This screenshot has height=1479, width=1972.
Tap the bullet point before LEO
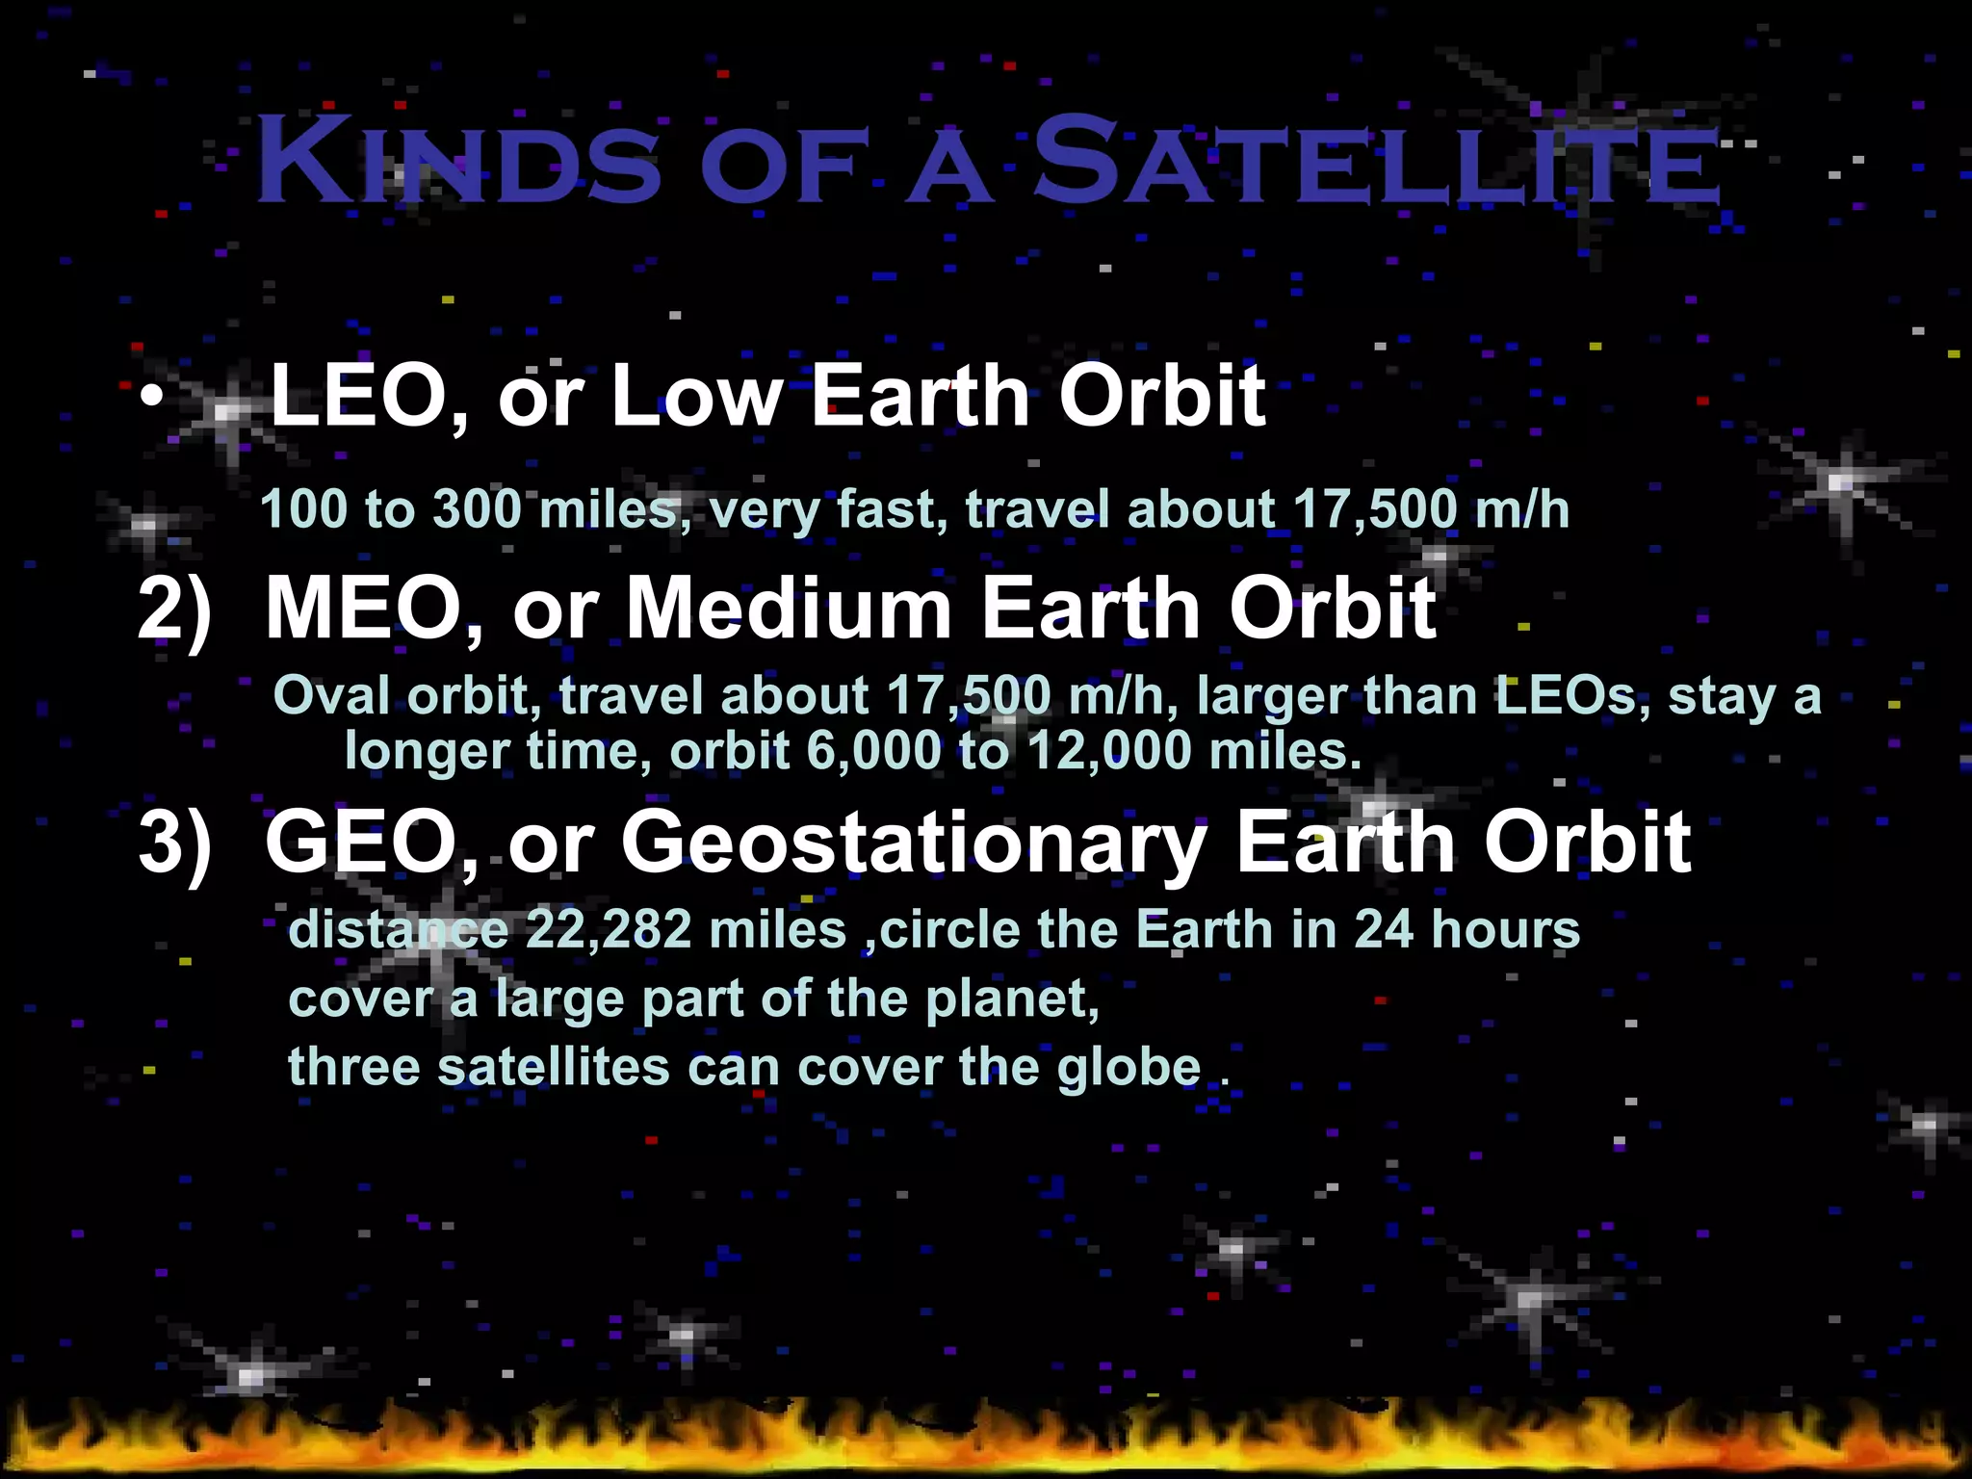pos(149,398)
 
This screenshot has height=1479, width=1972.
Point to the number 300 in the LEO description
pos(477,508)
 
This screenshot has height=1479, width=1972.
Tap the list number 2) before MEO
pos(174,610)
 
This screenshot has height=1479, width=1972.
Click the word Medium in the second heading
pos(790,609)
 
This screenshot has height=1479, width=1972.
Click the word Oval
pos(332,695)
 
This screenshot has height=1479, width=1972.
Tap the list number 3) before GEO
pos(174,843)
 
